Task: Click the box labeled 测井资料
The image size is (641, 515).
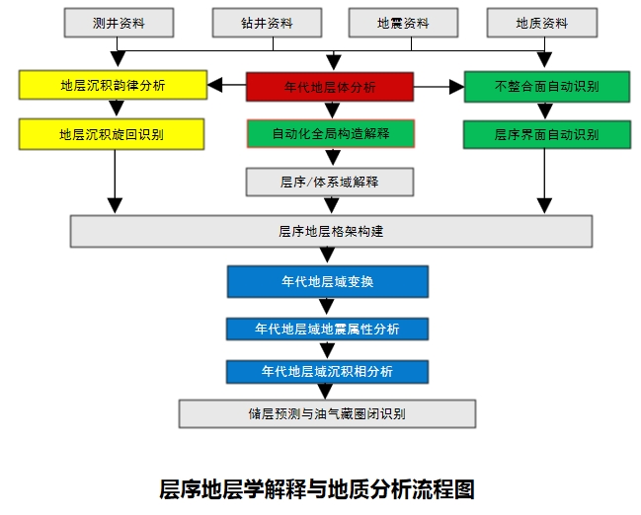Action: tap(119, 23)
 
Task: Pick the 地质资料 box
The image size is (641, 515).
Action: tap(541, 23)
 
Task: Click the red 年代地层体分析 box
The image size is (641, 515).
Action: tap(329, 87)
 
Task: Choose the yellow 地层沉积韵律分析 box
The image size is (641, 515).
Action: tap(112, 85)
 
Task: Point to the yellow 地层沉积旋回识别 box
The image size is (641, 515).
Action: tap(112, 133)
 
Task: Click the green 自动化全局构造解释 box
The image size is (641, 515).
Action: tap(330, 133)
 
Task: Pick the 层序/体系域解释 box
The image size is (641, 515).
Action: tap(330, 182)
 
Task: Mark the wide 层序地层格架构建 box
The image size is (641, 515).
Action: tap(331, 231)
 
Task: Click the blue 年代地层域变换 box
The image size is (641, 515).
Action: tap(328, 281)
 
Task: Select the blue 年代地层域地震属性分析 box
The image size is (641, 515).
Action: tap(328, 329)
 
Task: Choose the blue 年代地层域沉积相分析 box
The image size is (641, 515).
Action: tap(328, 372)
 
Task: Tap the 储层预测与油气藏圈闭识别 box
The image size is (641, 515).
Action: tap(327, 413)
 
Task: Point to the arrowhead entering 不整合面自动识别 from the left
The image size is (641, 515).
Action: tap(456, 87)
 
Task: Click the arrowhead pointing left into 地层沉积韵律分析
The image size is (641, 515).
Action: tap(213, 86)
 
